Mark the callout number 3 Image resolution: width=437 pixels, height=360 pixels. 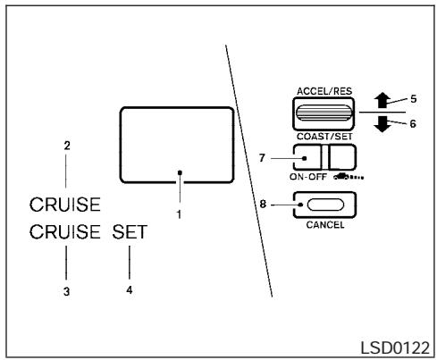[66, 290]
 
